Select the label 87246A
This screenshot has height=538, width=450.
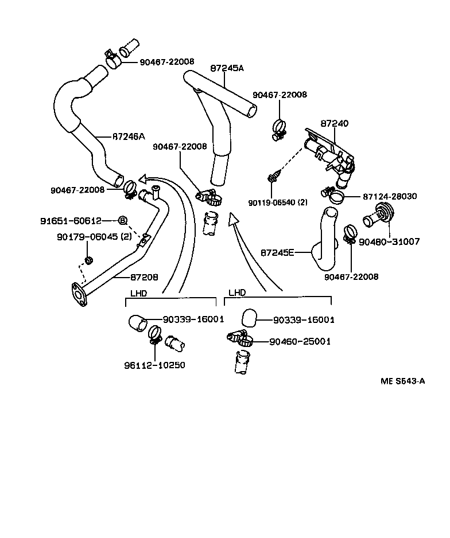[129, 137]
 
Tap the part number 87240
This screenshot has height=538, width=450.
[334, 123]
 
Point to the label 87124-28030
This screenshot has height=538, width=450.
[390, 196]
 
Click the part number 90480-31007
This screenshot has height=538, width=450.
[389, 242]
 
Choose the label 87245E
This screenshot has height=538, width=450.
[278, 252]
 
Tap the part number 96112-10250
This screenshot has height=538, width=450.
[155, 365]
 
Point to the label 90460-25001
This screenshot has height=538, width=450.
[300, 341]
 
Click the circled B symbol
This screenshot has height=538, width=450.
[122, 220]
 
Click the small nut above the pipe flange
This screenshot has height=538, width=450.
[89, 262]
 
